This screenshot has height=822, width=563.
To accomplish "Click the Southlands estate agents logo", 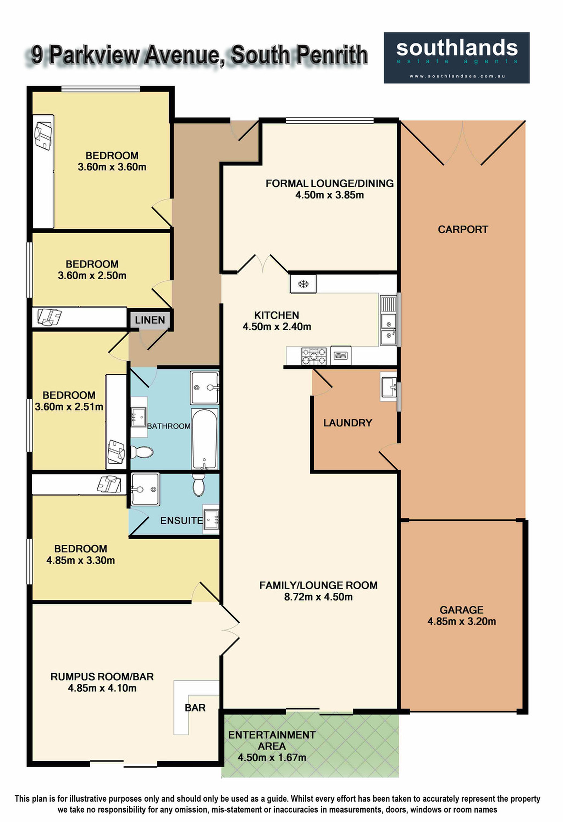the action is point(456,58).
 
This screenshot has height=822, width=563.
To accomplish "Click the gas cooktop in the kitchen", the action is point(314,356).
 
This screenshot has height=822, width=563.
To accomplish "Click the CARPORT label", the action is point(463,230).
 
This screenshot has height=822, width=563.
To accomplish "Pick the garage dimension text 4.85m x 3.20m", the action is point(461,622).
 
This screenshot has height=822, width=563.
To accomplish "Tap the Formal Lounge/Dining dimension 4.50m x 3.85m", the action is point(329,195).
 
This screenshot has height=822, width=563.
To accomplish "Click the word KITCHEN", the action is point(276,315).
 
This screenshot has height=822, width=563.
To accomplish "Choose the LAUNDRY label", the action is point(347,423).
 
